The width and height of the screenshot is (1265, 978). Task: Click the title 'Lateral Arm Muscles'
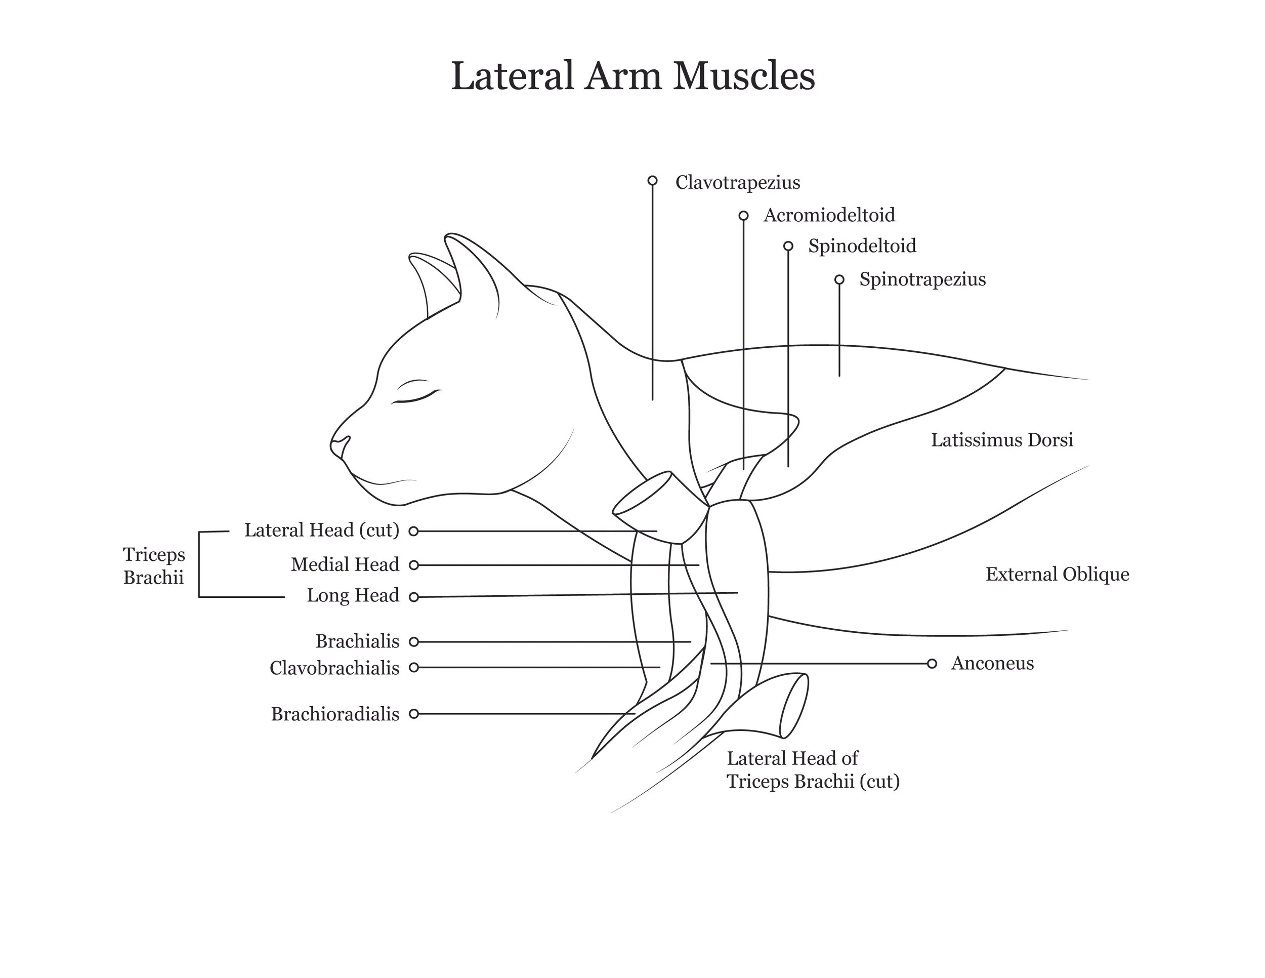(632, 76)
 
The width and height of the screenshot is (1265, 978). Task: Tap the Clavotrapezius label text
(737, 183)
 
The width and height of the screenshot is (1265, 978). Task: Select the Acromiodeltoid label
(829, 216)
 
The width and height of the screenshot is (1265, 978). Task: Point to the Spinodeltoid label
(862, 246)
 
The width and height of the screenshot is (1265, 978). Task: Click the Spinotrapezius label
(922, 279)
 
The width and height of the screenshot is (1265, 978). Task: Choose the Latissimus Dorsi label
(1001, 440)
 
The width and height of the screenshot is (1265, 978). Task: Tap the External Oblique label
(1057, 574)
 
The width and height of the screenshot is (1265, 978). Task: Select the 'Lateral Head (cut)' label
(321, 530)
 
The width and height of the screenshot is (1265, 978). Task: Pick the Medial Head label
(345, 564)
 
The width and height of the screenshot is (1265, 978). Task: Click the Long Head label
(353, 595)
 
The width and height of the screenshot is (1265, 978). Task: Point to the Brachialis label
(357, 641)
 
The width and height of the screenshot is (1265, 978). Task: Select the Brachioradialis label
(335, 714)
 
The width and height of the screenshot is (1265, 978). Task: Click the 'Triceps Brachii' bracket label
(153, 565)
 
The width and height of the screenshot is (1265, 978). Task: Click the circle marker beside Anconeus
(932, 664)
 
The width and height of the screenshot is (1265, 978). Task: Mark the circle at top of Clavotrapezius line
(652, 181)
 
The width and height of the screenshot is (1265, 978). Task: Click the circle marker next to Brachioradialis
(413, 714)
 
